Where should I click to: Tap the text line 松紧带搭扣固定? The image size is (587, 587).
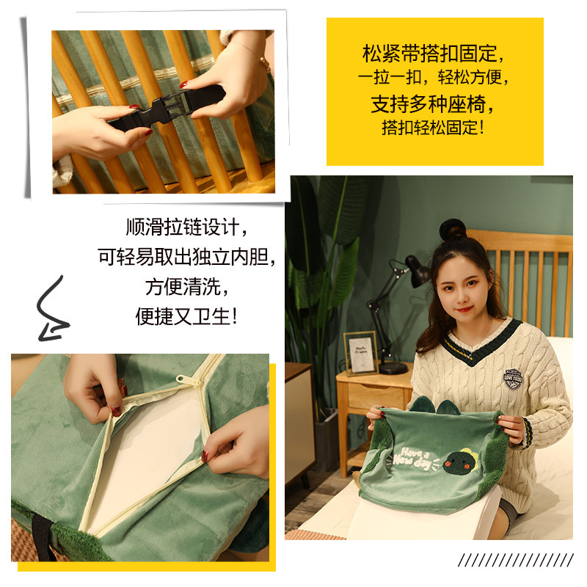point(434,54)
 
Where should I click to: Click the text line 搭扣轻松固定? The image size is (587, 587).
point(434,127)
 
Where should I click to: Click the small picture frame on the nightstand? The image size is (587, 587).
point(360,353)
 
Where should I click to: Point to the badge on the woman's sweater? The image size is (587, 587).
point(513,378)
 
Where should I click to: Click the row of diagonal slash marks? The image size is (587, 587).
point(514,561)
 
